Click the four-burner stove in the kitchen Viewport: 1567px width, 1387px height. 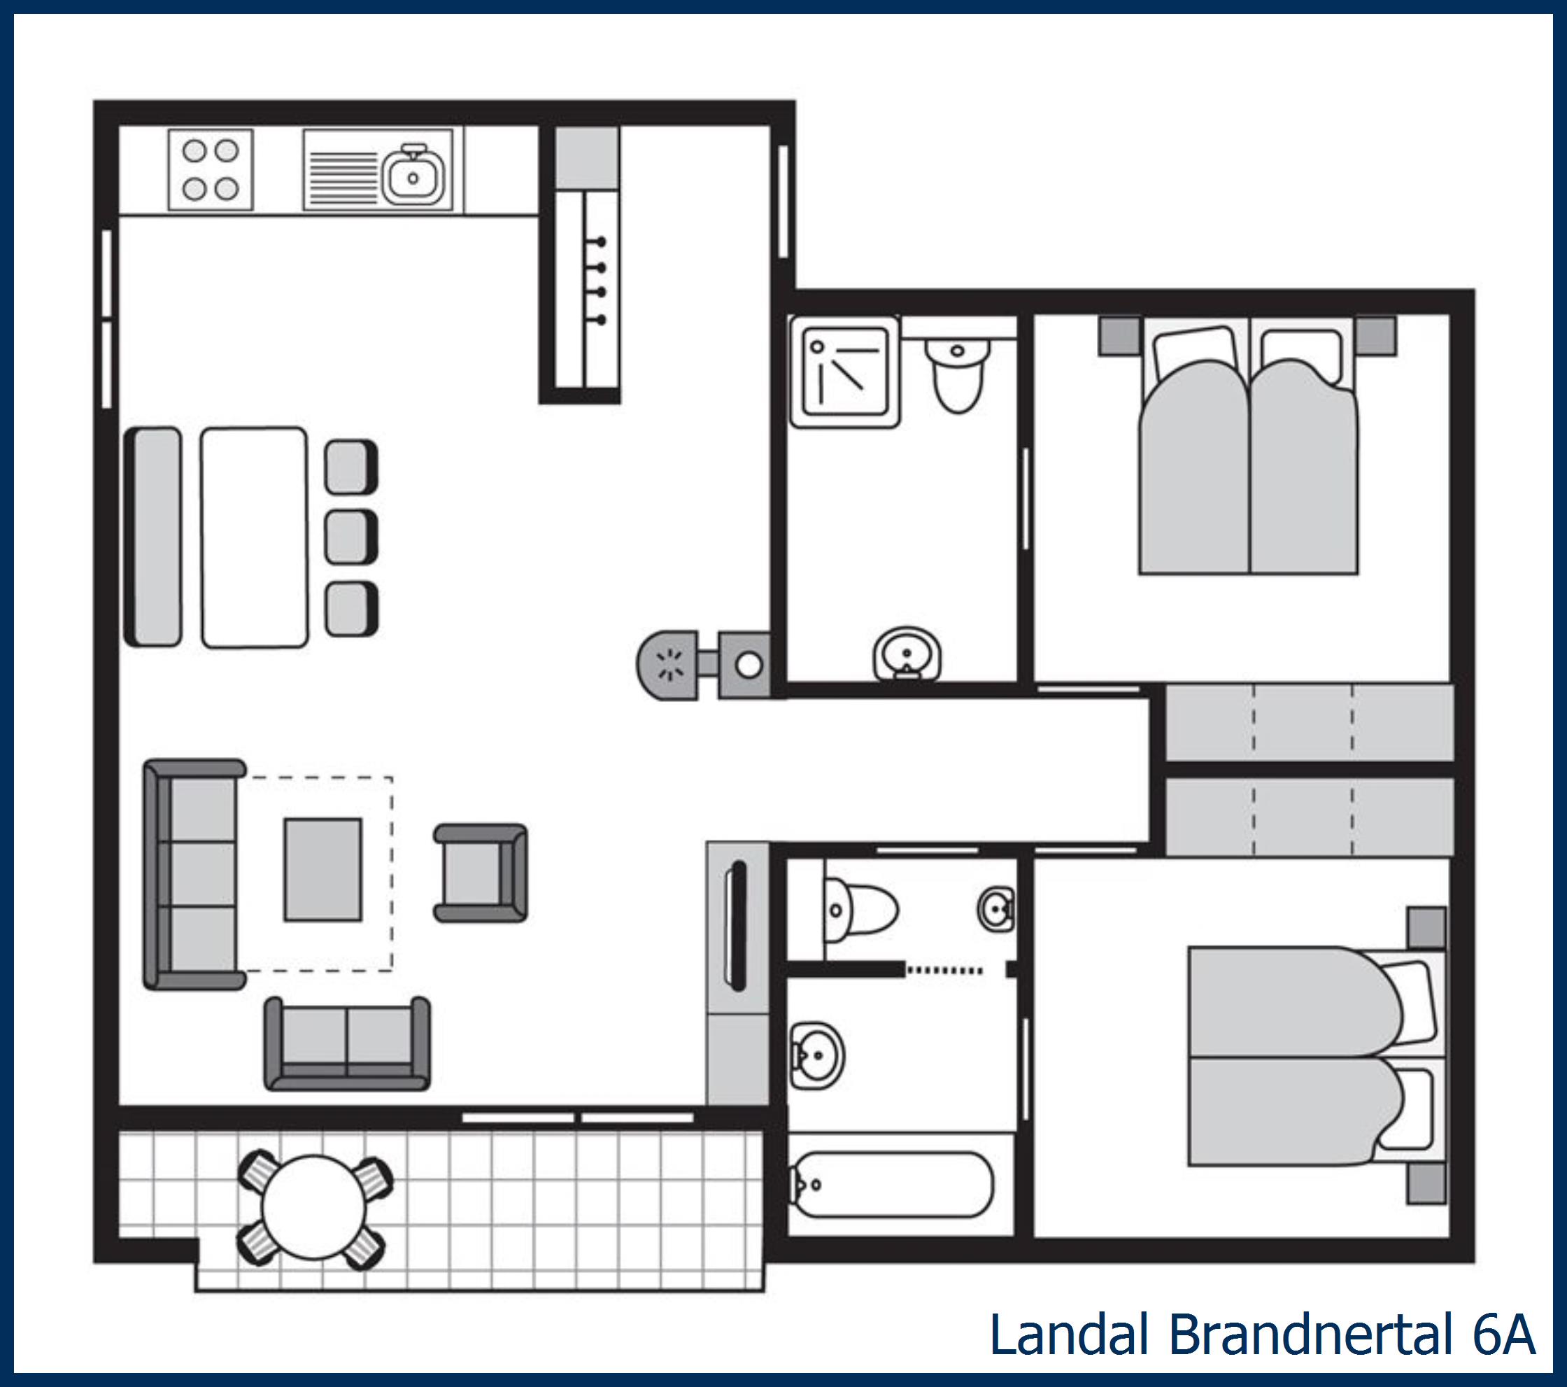tap(210, 169)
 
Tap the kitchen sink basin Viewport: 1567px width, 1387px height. tap(413, 177)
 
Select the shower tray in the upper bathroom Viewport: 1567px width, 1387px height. tap(844, 372)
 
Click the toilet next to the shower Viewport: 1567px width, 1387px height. tap(958, 376)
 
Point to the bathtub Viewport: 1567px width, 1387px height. tap(892, 1185)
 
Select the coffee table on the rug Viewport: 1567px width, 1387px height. tap(322, 869)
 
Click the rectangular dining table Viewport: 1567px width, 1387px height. tap(255, 537)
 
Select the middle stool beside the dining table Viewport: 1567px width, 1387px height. tap(351, 537)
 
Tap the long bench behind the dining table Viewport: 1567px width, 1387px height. tap(153, 537)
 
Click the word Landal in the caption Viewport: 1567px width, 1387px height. tap(1071, 1335)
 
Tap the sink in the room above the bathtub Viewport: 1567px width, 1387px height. tap(817, 1056)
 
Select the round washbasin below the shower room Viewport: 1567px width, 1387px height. tap(907, 656)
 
